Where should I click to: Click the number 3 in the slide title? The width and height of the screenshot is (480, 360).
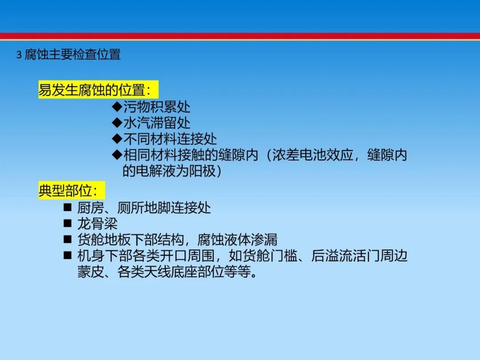pos(19,55)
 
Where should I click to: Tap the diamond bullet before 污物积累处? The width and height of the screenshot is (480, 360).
pos(117,107)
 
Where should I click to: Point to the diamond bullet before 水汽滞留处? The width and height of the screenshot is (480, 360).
pos(117,123)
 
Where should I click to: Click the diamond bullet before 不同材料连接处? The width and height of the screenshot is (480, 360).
pos(117,139)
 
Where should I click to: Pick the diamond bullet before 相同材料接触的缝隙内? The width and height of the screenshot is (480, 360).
pos(117,155)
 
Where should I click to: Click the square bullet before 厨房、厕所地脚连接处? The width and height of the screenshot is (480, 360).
pos(68,208)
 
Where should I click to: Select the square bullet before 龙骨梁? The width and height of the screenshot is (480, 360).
pos(68,224)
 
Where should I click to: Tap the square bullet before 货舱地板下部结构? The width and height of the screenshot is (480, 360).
pos(68,240)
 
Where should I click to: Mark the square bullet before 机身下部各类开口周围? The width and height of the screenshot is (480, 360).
pos(68,255)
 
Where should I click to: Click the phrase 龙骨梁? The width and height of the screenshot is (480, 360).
pos(97,224)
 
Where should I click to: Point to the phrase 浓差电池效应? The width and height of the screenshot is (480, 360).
pos(313,155)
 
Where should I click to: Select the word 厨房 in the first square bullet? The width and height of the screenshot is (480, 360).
pos(91,208)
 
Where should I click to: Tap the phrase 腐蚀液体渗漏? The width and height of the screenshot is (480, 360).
pos(237,240)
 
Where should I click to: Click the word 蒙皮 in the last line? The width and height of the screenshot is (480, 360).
pos(91,272)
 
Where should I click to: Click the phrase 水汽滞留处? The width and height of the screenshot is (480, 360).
pos(157,123)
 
